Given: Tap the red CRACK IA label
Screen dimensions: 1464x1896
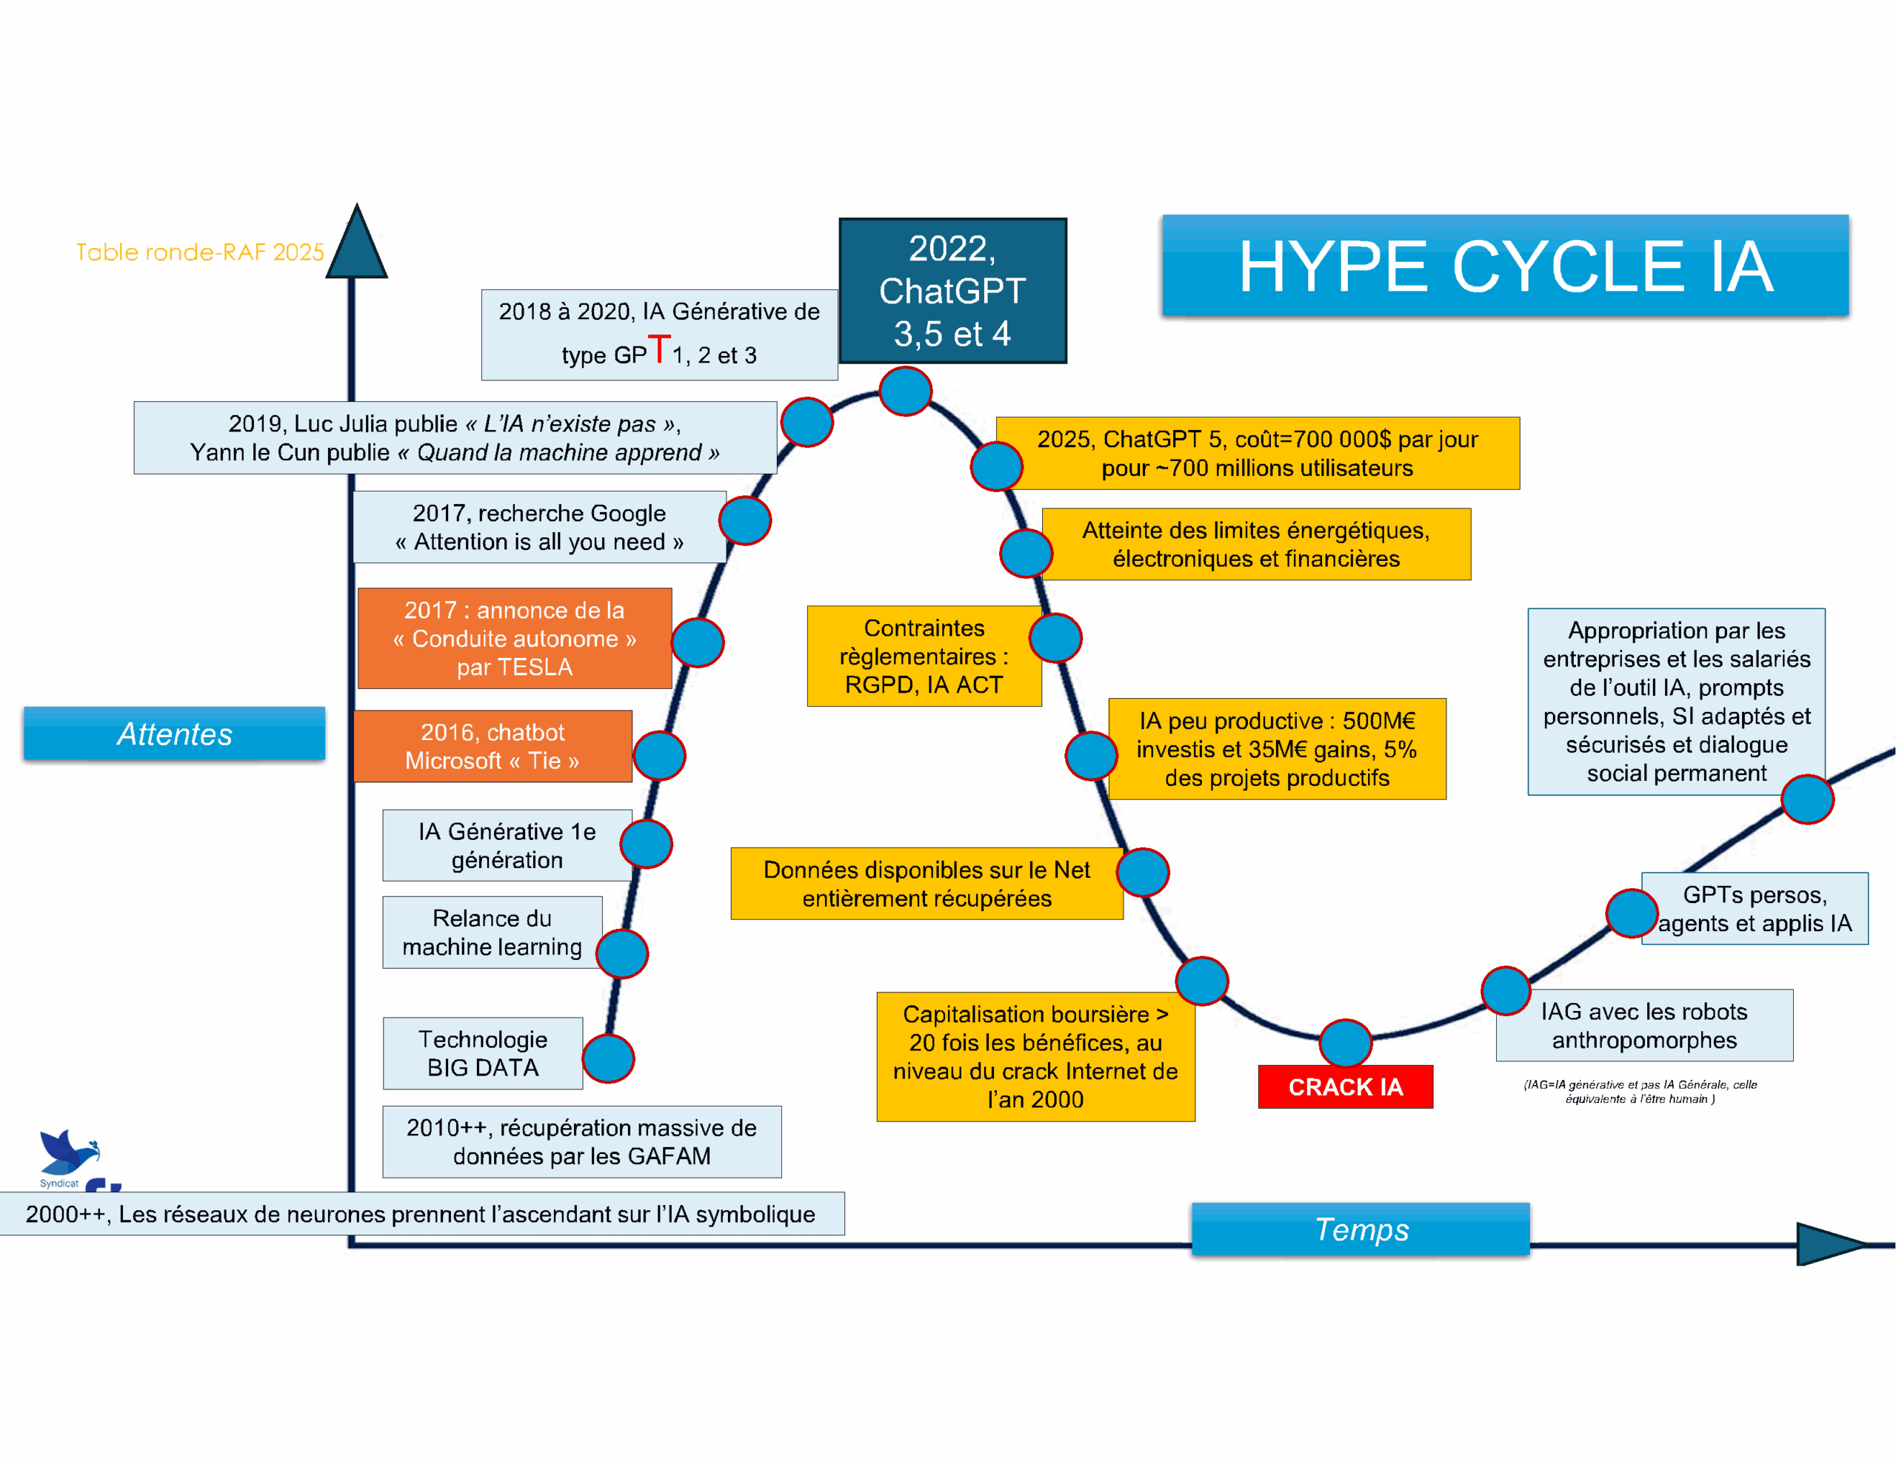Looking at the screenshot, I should pos(1345,1087).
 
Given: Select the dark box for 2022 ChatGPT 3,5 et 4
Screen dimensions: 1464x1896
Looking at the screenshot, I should pos(952,290).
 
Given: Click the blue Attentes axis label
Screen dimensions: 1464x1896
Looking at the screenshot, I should pos(175,734).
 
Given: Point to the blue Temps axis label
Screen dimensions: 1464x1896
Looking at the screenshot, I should pos(1361,1229).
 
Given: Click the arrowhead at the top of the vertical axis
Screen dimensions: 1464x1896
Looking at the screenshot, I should pos(356,244).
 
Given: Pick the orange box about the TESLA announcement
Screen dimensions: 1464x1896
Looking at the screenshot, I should pos(514,639).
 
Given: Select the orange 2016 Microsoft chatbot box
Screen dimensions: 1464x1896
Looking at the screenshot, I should pos(493,746).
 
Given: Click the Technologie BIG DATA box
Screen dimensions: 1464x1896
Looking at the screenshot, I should pos(483,1052).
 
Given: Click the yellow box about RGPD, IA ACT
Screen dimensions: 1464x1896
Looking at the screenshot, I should pos(923,656).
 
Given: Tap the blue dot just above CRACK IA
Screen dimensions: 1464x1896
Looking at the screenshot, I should pos(1345,1042).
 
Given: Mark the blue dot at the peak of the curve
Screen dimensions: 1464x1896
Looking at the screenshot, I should pos(906,392).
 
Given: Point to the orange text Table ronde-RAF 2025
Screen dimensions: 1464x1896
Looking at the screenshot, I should pos(200,252).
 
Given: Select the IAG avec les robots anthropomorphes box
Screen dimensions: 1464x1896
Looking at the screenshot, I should pos(1643,1025).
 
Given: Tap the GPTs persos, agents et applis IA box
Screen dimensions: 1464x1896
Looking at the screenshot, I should pos(1754,909).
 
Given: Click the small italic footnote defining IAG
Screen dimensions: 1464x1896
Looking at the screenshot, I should pos(1640,1091).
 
